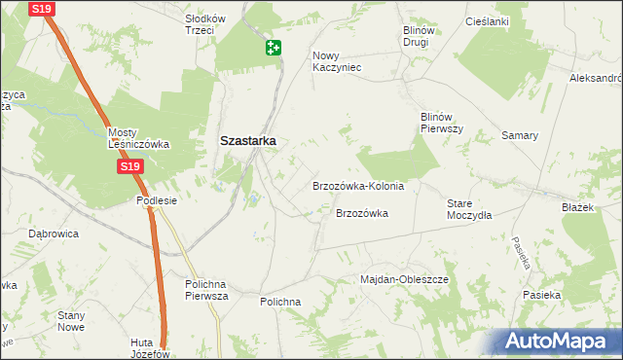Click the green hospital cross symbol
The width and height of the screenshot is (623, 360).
pyautogui.click(x=274, y=47)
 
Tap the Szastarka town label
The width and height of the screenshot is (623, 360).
pyautogui.click(x=247, y=140)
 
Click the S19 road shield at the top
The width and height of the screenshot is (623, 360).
pyautogui.click(x=42, y=9)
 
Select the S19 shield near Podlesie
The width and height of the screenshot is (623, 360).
pyautogui.click(x=131, y=167)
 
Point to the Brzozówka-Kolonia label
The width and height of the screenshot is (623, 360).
pyautogui.click(x=357, y=186)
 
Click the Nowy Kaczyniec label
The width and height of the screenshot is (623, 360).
pyautogui.click(x=337, y=61)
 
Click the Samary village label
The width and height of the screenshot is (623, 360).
pyautogui.click(x=520, y=135)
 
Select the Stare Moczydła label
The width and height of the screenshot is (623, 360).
pyautogui.click(x=469, y=209)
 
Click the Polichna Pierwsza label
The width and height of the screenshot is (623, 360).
pyautogui.click(x=205, y=289)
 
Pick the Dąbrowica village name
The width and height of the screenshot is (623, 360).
pyautogui.click(x=54, y=234)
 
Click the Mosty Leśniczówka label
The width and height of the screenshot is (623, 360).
pyautogui.click(x=138, y=138)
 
